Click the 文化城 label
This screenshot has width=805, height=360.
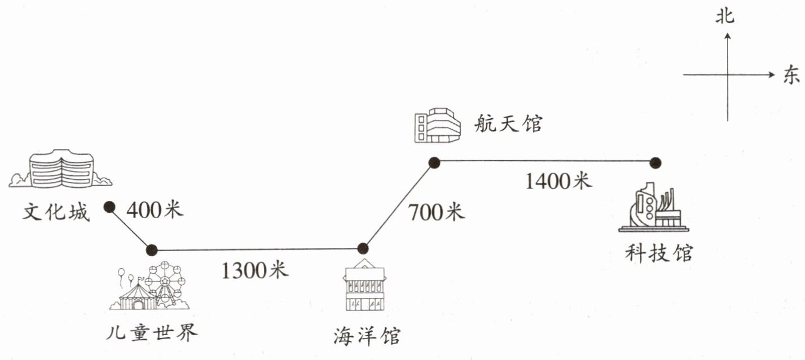click(56, 212)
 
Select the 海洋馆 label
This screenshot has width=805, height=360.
click(367, 336)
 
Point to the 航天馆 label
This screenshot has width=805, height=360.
click(508, 124)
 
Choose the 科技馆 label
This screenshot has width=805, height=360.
click(659, 253)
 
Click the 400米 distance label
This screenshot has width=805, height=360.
click(156, 210)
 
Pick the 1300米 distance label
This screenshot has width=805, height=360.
click(255, 271)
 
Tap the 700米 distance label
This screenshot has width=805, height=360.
click(436, 212)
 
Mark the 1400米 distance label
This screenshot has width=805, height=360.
click(558, 181)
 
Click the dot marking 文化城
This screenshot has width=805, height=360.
click(109, 207)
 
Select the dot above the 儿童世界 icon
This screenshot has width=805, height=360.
click(152, 250)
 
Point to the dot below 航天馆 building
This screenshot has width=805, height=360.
click(434, 162)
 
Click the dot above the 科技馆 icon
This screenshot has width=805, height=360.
click(655, 162)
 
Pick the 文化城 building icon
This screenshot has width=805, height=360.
click(61, 169)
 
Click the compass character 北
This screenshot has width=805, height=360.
click(726, 17)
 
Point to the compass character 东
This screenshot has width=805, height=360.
click(791, 76)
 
